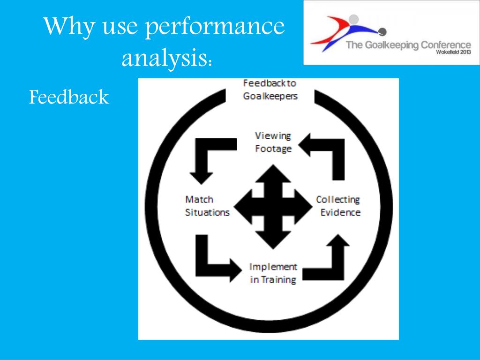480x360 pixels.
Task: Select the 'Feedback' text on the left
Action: tap(69, 97)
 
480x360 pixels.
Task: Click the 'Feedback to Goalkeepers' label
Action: tap(270, 90)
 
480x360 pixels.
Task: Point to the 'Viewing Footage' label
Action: tap(273, 142)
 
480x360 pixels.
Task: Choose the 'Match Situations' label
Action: tap(207, 206)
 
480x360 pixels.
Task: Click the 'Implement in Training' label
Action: tap(273, 273)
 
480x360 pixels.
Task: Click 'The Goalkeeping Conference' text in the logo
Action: tap(408, 45)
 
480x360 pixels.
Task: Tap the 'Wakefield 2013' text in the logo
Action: tap(453, 52)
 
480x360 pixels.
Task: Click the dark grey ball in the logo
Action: tap(382, 32)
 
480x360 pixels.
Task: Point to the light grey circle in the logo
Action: tap(354, 19)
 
